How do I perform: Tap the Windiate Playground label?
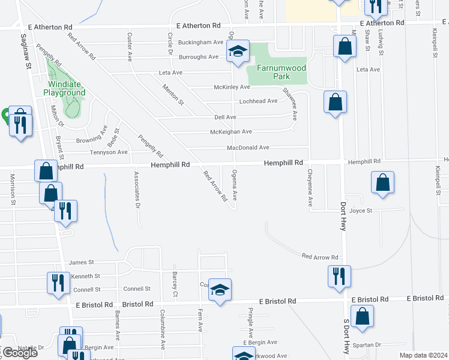click(66, 88)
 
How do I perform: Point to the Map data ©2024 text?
click(424, 355)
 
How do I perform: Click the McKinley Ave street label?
click(232, 87)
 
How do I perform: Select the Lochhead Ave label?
click(258, 101)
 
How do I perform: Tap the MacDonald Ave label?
click(248, 148)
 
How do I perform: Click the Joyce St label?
click(361, 211)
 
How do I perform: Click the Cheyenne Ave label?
click(310, 188)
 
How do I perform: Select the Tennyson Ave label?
click(109, 152)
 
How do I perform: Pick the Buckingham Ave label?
click(200, 43)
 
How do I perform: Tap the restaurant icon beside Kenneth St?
click(58, 282)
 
